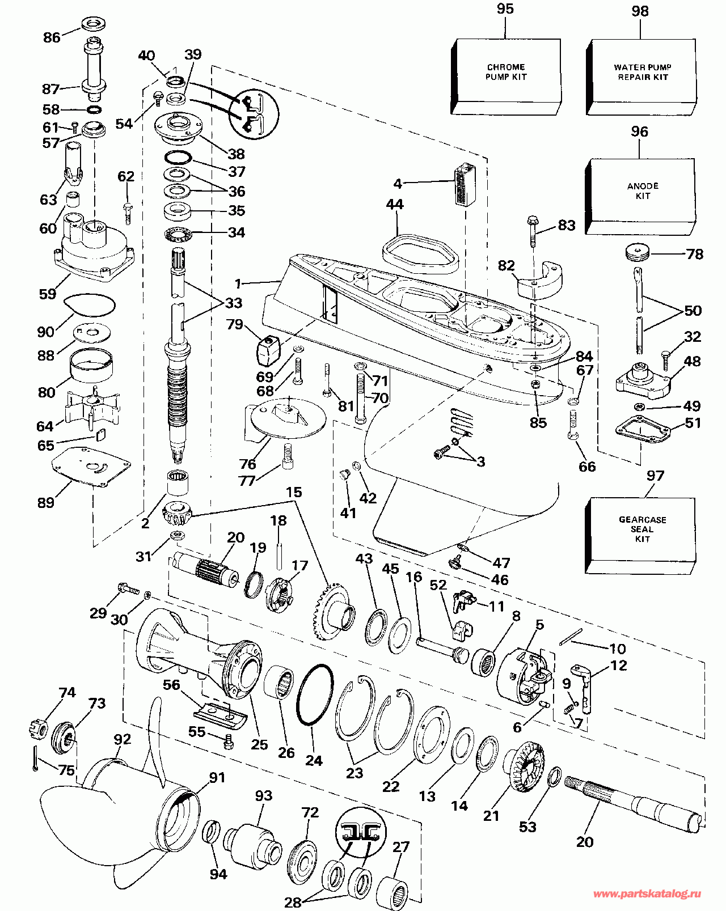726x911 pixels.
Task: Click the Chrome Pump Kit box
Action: pyautogui.click(x=506, y=74)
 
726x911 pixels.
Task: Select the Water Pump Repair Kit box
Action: pyautogui.click(x=642, y=74)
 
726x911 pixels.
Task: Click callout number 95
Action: pyautogui.click(x=505, y=9)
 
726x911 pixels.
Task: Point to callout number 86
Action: pyautogui.click(x=52, y=37)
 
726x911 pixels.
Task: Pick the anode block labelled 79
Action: pyautogui.click(x=268, y=350)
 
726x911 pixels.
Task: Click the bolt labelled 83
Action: pyautogui.click(x=533, y=229)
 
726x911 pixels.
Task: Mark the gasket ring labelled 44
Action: pyautogui.click(x=420, y=255)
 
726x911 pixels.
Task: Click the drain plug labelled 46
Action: pyautogui.click(x=454, y=563)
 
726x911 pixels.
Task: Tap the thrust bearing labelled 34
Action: pyautogui.click(x=180, y=233)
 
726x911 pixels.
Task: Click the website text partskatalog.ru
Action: pyautogui.click(x=647, y=894)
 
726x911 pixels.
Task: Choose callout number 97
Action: pyautogui.click(x=655, y=476)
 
